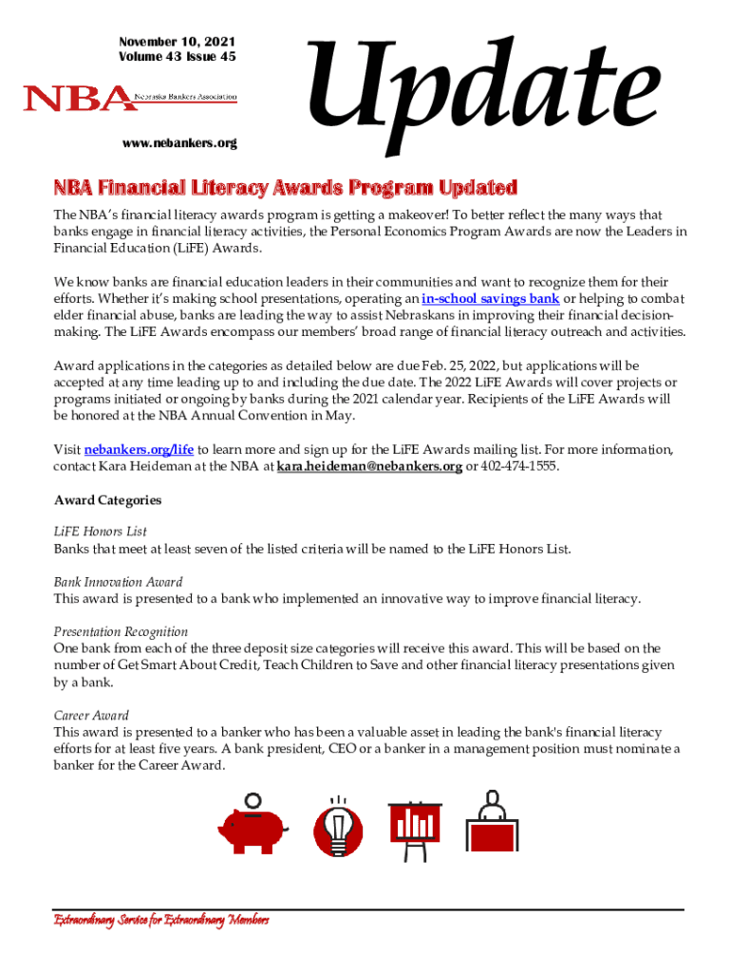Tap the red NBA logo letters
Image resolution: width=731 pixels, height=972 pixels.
click(78, 98)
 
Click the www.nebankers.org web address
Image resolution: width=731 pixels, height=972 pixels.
click(179, 143)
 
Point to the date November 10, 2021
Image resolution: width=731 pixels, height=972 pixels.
click(177, 42)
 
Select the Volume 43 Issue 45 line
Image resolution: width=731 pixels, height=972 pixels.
click(177, 57)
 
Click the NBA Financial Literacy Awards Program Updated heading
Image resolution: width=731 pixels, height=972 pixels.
click(285, 186)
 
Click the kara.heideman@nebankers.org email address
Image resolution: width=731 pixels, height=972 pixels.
click(369, 466)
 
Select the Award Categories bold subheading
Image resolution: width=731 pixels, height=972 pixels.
click(107, 500)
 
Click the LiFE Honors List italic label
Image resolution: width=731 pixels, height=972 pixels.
click(100, 533)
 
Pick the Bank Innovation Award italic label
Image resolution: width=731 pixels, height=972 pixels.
click(118, 582)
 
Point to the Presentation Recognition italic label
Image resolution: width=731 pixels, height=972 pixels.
click(121, 632)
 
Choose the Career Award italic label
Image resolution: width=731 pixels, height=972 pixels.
click(91, 716)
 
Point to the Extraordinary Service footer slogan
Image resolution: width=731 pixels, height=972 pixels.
click(160, 921)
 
